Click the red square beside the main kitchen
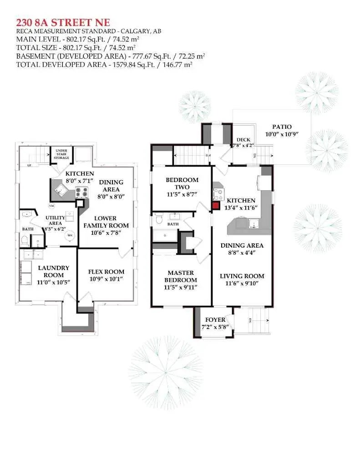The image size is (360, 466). [216, 205]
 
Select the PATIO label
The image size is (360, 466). [282, 127]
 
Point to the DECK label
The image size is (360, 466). [240, 140]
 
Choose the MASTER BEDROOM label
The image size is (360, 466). [181, 276]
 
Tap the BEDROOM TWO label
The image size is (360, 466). [182, 183]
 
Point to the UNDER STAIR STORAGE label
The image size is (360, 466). [62, 154]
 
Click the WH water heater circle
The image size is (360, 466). [70, 235]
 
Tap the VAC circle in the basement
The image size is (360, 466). [52, 206]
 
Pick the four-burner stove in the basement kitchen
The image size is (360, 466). [81, 192]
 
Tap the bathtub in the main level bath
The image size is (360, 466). [165, 235]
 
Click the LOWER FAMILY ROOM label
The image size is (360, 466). [106, 222]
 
